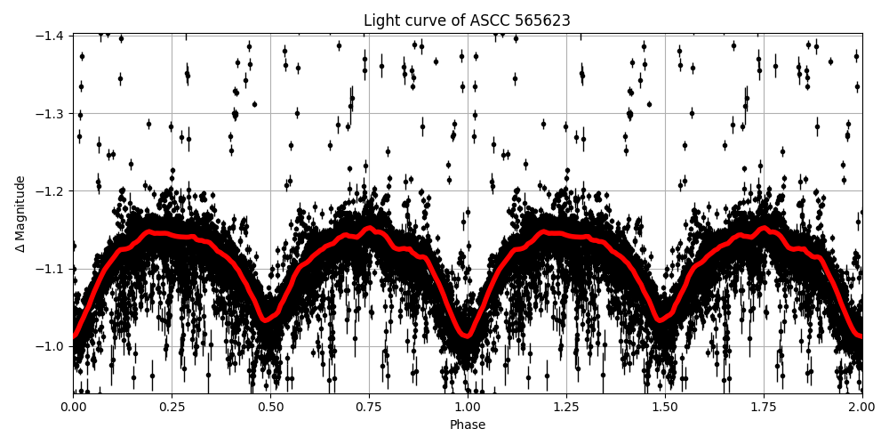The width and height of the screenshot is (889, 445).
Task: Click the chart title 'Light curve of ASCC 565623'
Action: (467, 20)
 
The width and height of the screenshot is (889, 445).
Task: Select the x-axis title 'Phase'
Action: (467, 425)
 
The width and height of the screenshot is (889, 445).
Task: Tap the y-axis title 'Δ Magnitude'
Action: (20, 214)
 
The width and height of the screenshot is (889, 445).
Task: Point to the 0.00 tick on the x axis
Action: (74, 407)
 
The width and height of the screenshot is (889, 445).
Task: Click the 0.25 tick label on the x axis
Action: (172, 407)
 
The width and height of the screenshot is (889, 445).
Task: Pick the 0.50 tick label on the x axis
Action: (271, 407)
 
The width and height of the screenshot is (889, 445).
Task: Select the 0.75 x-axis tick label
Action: (369, 407)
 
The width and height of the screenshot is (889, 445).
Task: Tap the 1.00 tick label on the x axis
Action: (468, 407)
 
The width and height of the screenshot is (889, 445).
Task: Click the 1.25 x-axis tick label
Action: (566, 407)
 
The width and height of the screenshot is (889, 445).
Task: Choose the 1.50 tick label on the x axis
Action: (665, 407)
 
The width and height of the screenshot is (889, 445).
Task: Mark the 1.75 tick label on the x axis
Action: (764, 407)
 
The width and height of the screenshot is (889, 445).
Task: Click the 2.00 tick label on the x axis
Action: (861, 407)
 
